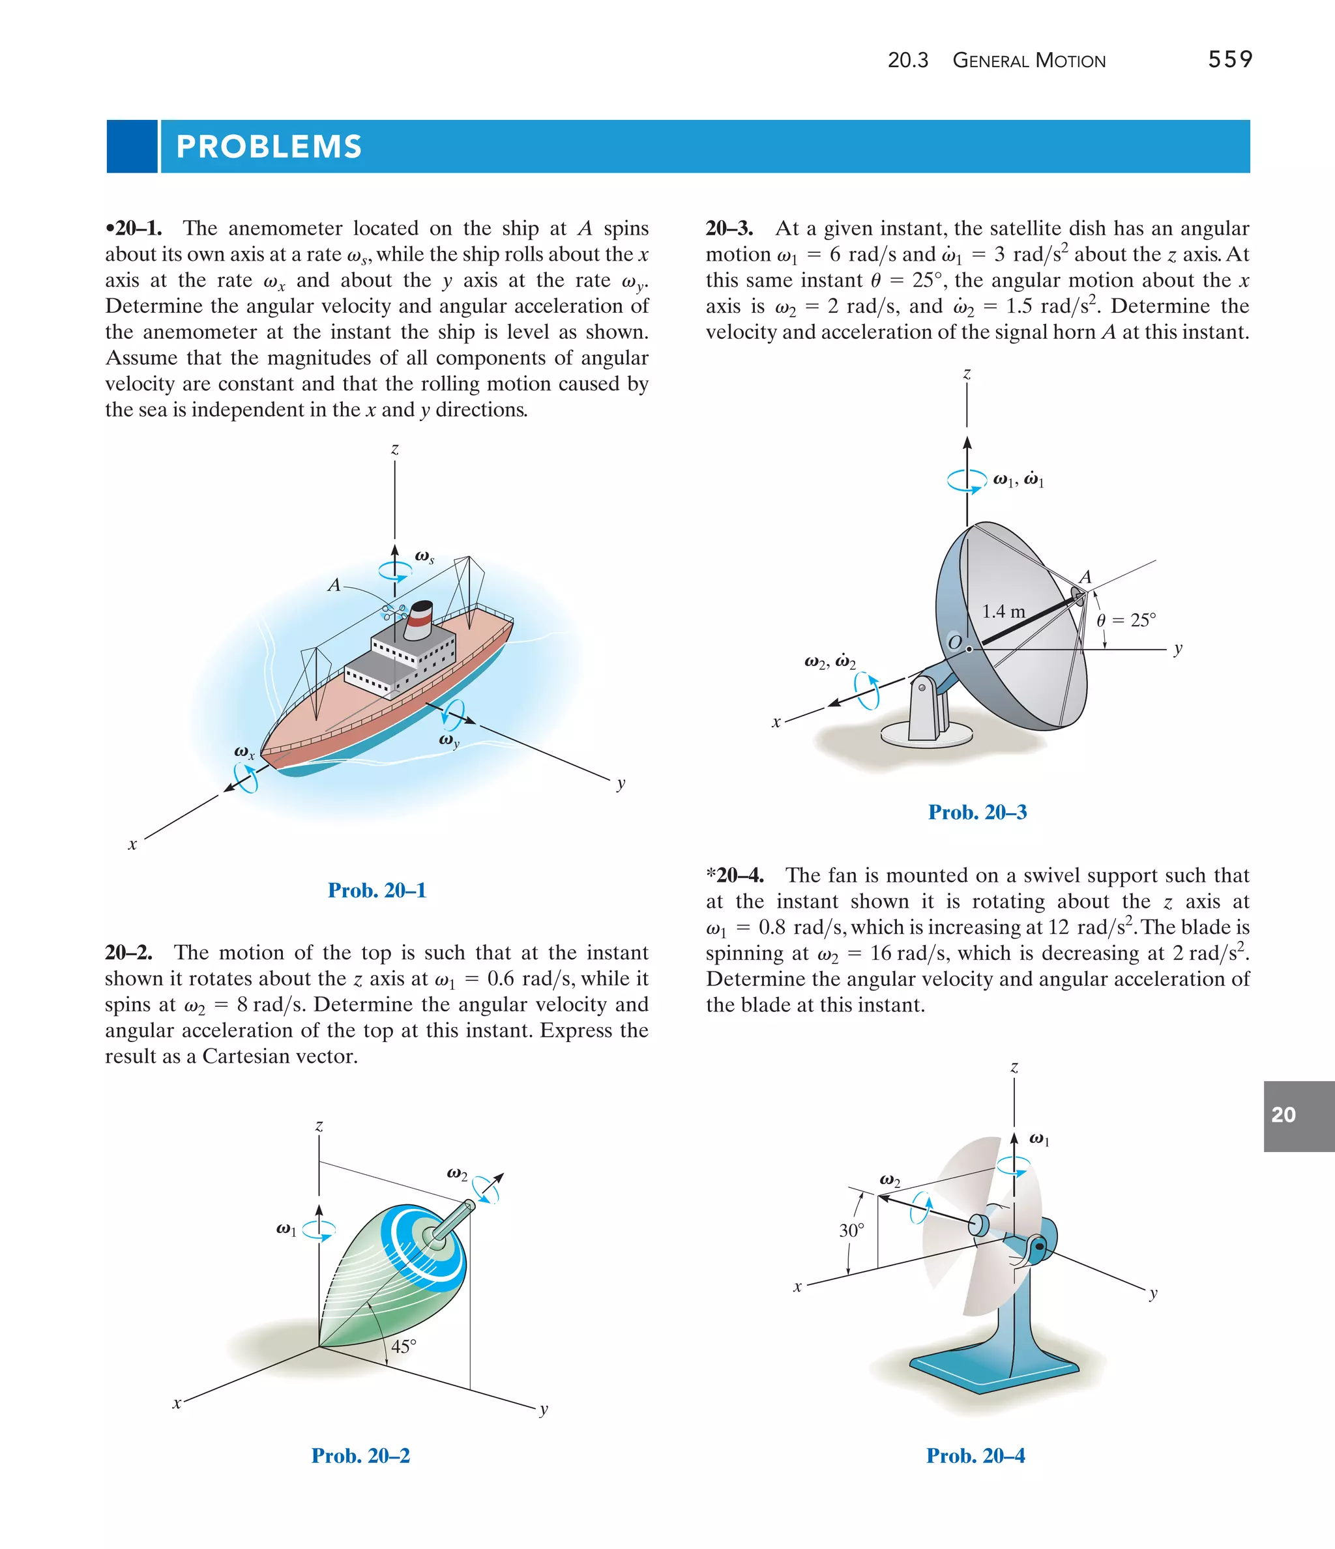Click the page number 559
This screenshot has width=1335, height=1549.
[1229, 60]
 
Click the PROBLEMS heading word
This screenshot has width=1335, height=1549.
[269, 147]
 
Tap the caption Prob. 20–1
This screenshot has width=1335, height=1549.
[377, 890]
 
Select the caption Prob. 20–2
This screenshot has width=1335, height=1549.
[360, 1456]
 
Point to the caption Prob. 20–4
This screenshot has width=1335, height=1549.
[975, 1456]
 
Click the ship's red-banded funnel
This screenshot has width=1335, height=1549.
[420, 620]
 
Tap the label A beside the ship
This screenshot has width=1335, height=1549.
[334, 585]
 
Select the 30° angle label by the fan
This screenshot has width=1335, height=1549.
[851, 1230]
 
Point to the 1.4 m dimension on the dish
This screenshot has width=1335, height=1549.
[1003, 611]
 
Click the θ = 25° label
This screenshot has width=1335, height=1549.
[1126, 620]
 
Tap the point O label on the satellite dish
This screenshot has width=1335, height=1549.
[954, 642]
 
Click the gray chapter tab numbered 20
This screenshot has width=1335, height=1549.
[1298, 1114]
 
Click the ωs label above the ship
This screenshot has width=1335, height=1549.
[425, 557]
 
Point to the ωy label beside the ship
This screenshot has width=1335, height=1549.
[448, 741]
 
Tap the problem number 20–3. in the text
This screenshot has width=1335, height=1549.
[729, 228]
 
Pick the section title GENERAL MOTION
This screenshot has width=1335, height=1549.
[1029, 61]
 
